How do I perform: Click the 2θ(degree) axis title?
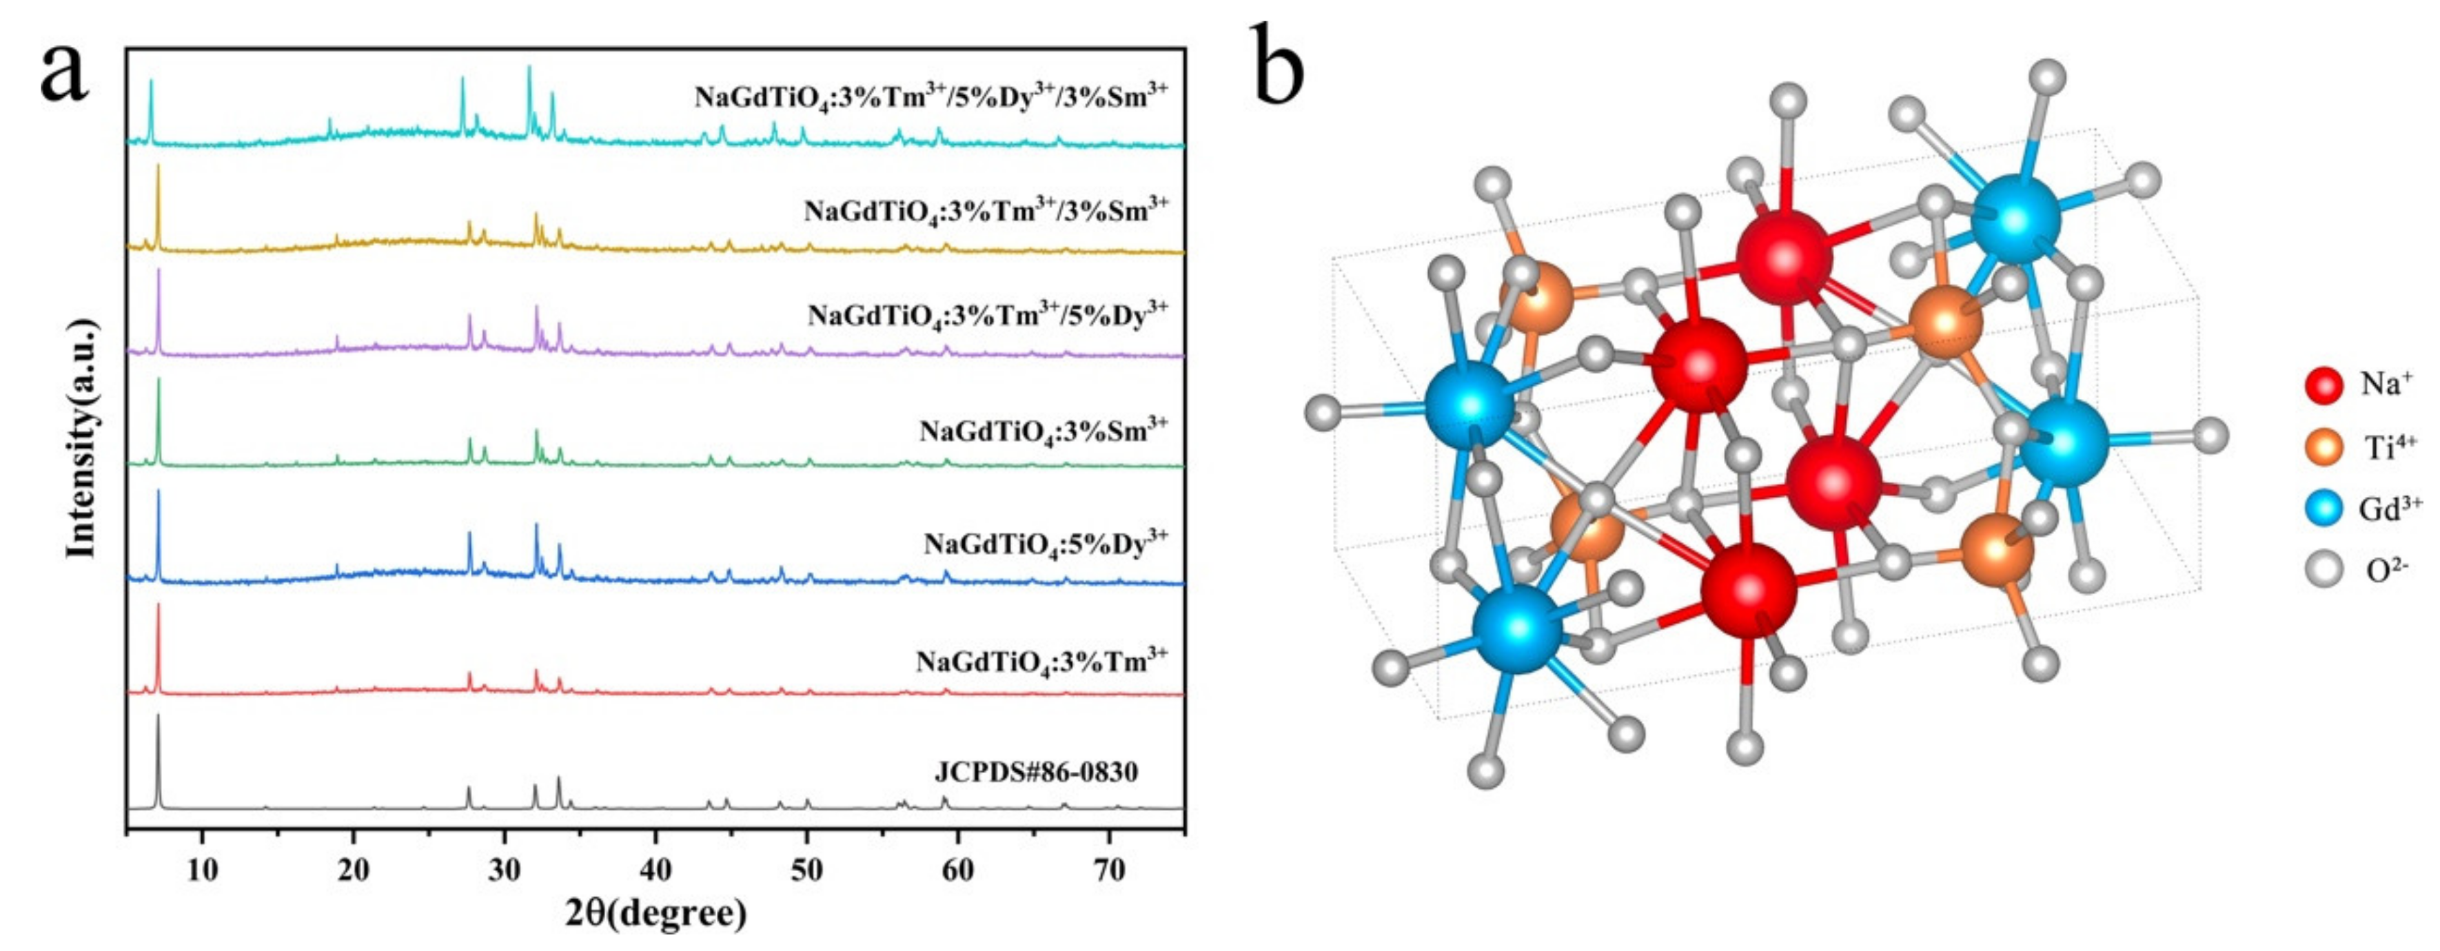click(655, 915)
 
